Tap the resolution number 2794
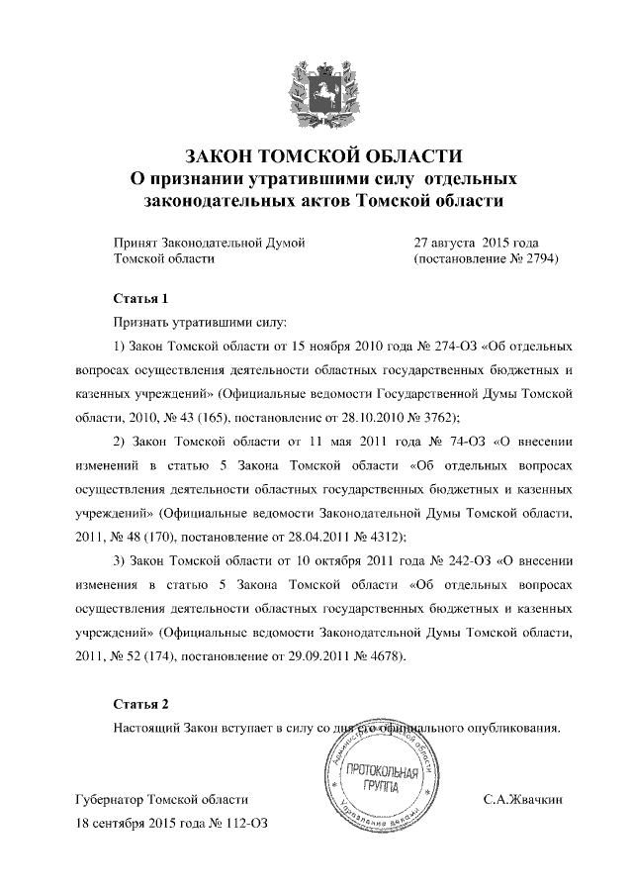coord(538,259)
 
